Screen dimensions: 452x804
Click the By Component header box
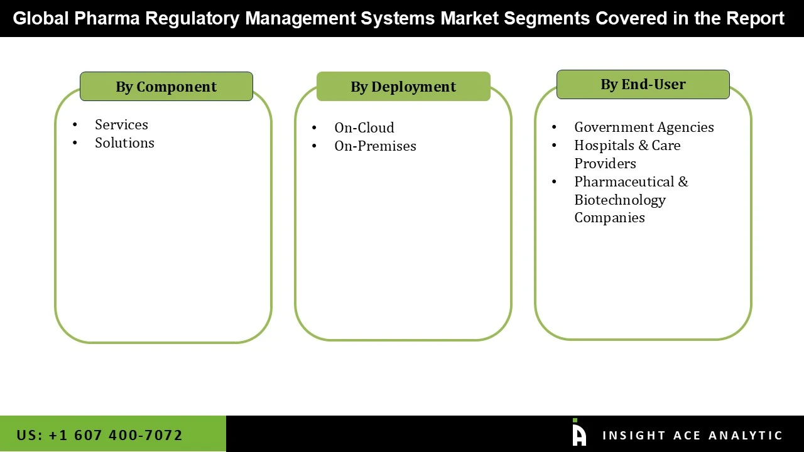click(166, 87)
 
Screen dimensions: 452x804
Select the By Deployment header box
click(403, 87)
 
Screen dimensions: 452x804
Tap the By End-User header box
click(643, 84)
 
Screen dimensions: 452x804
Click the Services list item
click(121, 124)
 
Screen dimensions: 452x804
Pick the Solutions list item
click(124, 143)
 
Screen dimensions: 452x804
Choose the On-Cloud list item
click(364, 127)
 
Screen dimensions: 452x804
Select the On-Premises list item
click(375, 146)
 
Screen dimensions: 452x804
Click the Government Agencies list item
click(644, 127)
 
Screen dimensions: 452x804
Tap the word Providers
click(605, 163)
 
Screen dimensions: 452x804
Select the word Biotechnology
click(619, 200)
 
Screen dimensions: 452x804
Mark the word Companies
click(609, 217)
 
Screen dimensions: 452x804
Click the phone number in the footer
click(100, 435)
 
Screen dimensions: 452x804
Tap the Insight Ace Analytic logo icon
click(579, 433)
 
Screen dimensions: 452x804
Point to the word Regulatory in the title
click(192, 18)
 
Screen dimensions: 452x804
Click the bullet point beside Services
click(75, 125)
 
